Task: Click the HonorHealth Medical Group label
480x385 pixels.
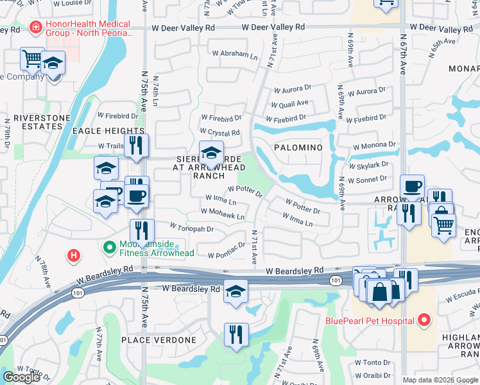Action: coord(87,28)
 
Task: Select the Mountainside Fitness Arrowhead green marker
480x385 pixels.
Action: coord(109,246)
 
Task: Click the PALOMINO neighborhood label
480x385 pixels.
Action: coord(298,148)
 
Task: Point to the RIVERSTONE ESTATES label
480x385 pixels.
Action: coord(33,123)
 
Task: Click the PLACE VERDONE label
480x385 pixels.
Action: coord(153,339)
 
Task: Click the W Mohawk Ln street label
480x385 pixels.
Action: coord(222,212)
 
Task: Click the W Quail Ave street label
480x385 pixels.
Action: coord(289,103)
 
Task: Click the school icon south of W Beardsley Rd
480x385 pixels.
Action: coord(236,291)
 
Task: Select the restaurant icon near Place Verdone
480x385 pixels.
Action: coord(236,335)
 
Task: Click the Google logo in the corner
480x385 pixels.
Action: coord(21,377)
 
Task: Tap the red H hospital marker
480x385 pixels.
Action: coord(74,255)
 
